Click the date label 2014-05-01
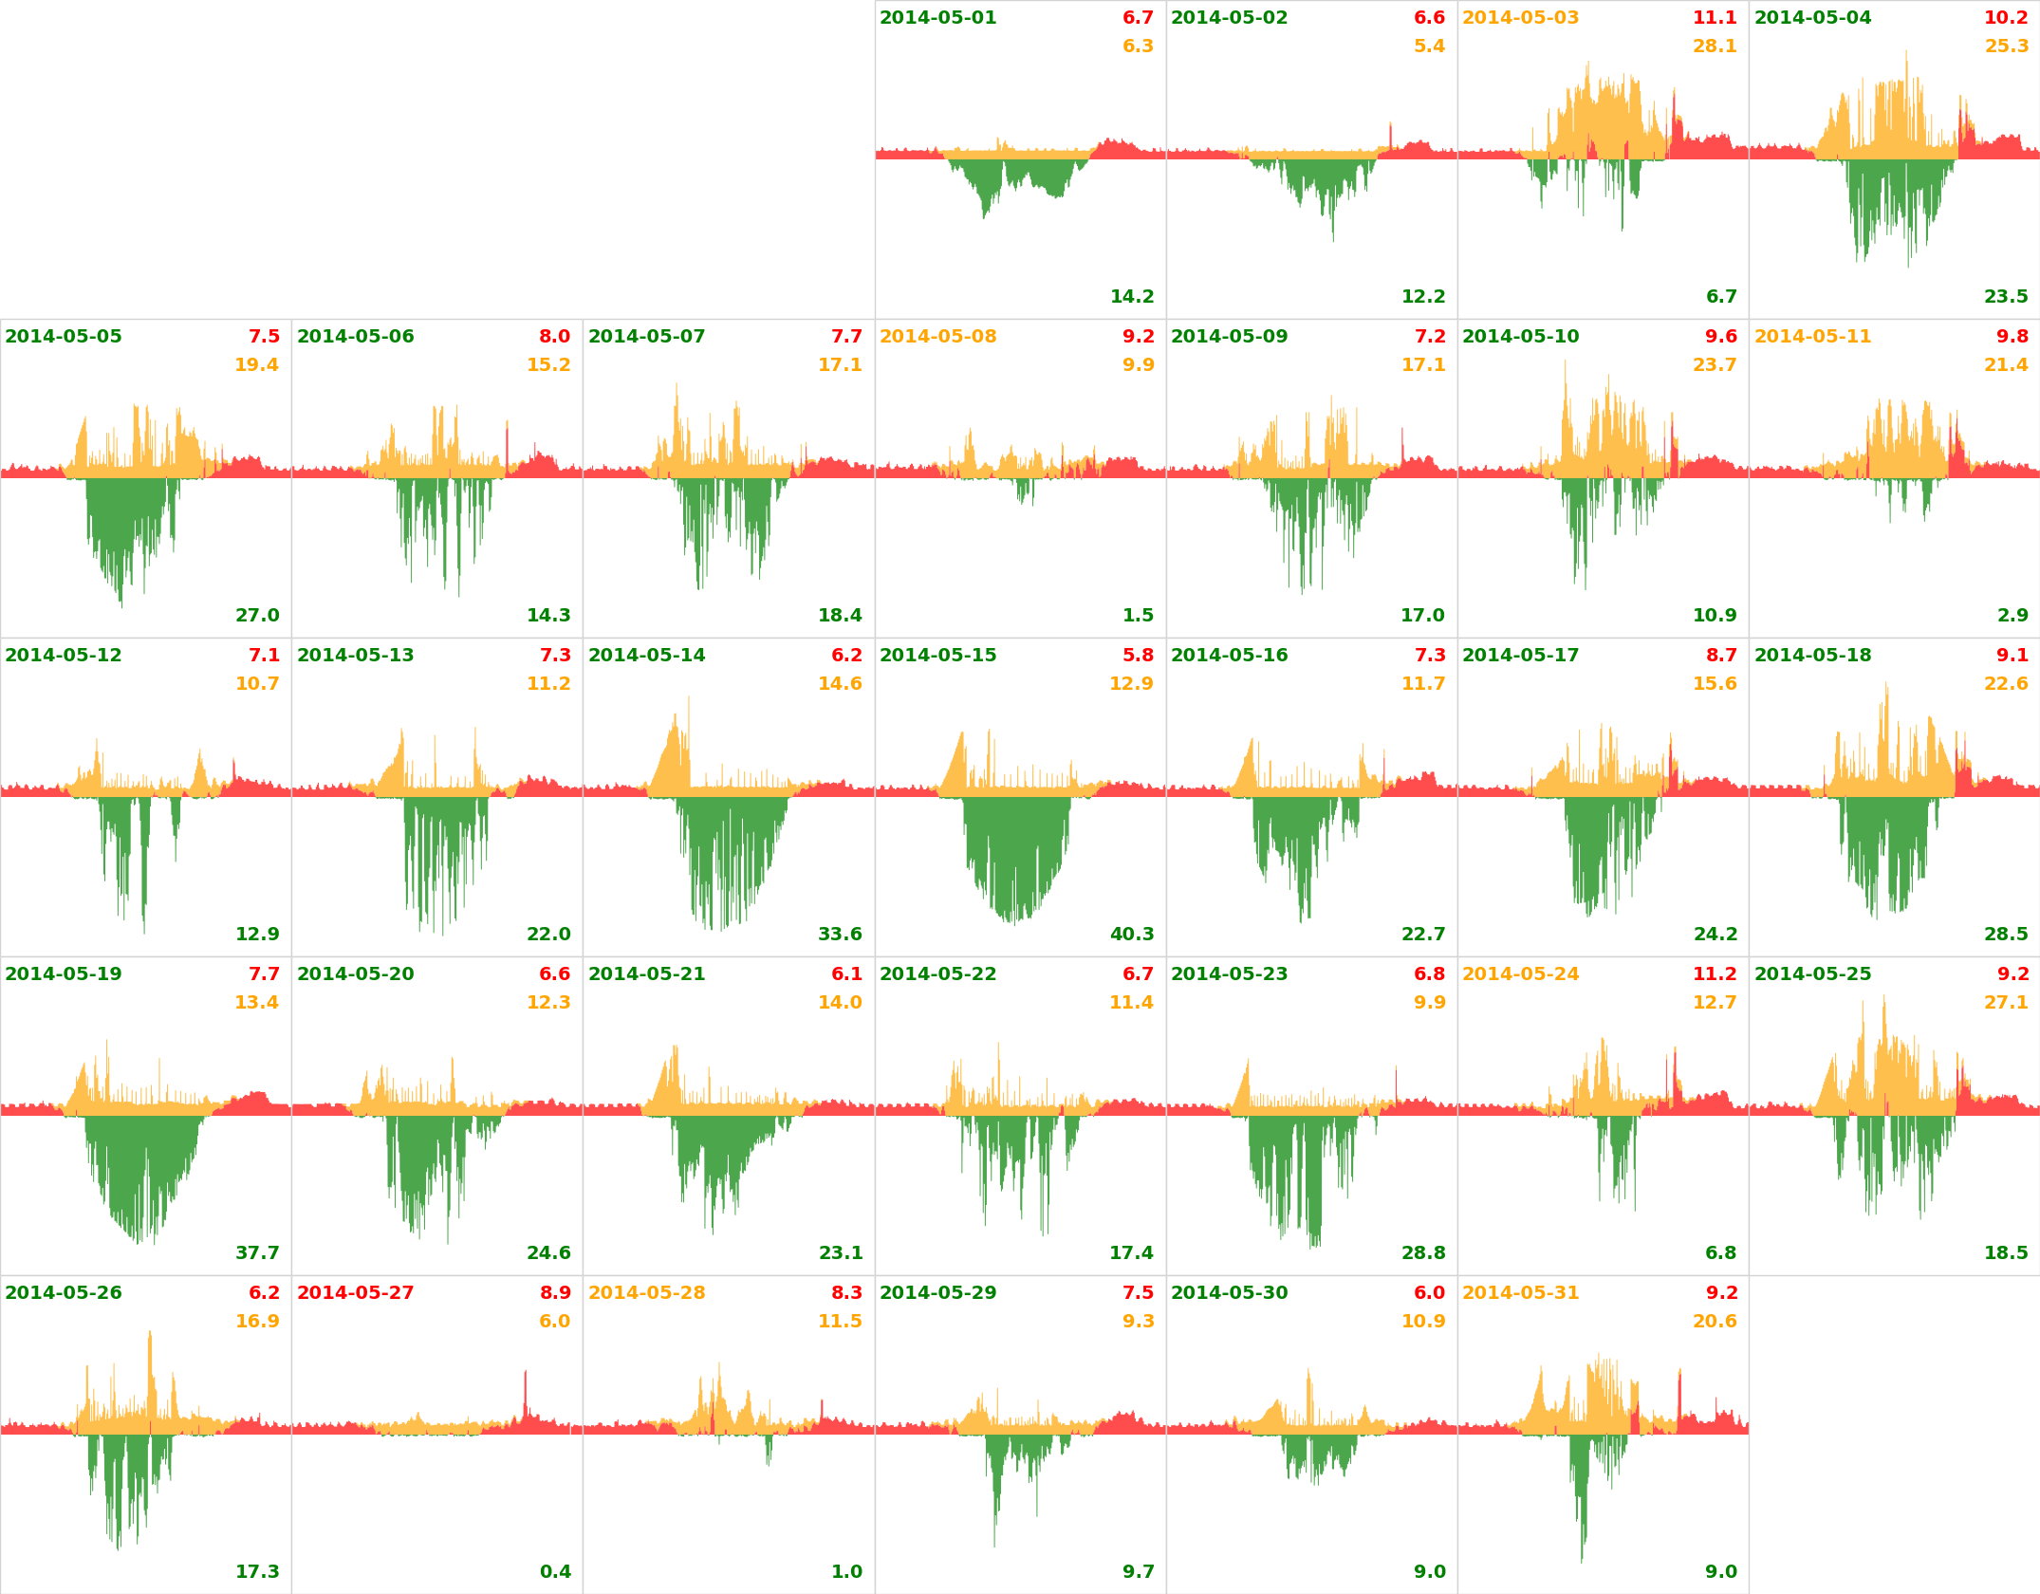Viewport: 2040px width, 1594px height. tap(937, 18)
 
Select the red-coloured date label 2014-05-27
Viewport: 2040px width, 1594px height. tap(355, 1293)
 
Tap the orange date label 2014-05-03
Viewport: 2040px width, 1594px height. tap(1520, 18)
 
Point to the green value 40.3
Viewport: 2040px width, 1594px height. tap(1132, 935)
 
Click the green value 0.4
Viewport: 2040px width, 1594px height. tap(555, 1572)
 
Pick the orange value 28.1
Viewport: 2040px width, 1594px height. tap(1715, 46)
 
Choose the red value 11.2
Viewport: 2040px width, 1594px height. tap(1715, 974)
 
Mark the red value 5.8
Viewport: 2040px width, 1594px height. tap(1138, 656)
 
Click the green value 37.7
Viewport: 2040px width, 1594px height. tap(257, 1253)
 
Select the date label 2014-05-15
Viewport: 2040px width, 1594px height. tap(937, 656)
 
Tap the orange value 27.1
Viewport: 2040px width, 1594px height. tap(2006, 1003)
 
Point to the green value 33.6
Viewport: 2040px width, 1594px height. tap(840, 935)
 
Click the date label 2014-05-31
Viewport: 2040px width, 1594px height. tap(1520, 1293)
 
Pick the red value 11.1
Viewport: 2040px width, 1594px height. tap(1715, 18)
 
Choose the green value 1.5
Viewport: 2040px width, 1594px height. tap(1138, 616)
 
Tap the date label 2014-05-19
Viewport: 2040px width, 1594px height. tap(64, 974)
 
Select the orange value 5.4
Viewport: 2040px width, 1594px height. tap(1429, 46)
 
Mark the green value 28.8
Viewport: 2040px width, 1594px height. tap(1423, 1253)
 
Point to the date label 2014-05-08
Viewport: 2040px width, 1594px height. tap(937, 337)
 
